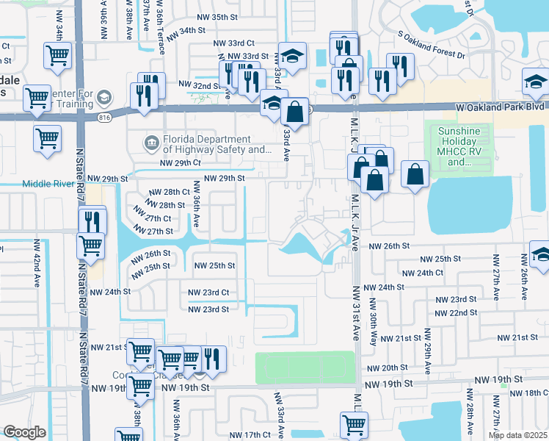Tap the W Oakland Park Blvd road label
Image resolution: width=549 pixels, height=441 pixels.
(500, 107)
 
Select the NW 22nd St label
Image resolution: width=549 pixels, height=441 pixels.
(457, 312)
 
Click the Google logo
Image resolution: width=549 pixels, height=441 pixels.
(24, 432)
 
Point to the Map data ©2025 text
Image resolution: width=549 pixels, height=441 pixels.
(517, 435)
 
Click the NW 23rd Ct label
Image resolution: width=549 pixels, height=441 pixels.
(209, 293)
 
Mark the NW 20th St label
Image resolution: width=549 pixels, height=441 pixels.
(387, 367)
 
